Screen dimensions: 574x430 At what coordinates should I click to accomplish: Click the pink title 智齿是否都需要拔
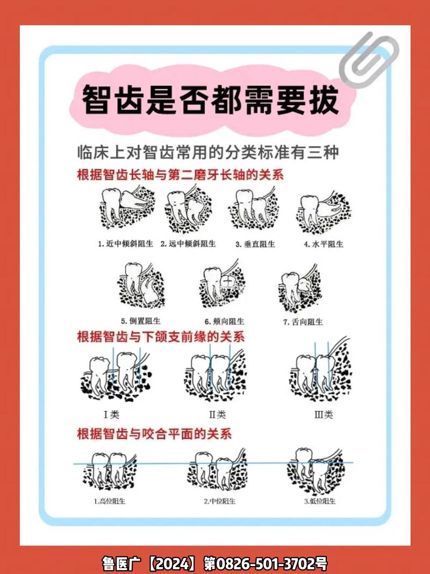tap(210, 100)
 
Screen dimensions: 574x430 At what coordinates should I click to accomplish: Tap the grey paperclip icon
tap(369, 60)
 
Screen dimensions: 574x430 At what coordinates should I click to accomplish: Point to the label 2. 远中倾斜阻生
tap(188, 243)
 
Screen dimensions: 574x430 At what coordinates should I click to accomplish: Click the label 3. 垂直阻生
tap(255, 244)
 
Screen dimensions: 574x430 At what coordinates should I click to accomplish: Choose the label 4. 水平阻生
tap(324, 244)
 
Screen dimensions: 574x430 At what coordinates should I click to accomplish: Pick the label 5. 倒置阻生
tap(141, 321)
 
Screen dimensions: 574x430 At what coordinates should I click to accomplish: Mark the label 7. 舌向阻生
tap(303, 322)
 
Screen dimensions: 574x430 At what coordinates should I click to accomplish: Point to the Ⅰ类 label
tap(112, 414)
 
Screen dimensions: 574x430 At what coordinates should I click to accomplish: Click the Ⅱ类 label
tap(217, 415)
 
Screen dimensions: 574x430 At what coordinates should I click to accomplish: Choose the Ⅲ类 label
tap(324, 415)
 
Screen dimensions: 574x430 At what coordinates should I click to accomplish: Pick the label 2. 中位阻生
tap(219, 501)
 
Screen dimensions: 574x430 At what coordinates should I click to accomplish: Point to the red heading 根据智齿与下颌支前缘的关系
tap(161, 337)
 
